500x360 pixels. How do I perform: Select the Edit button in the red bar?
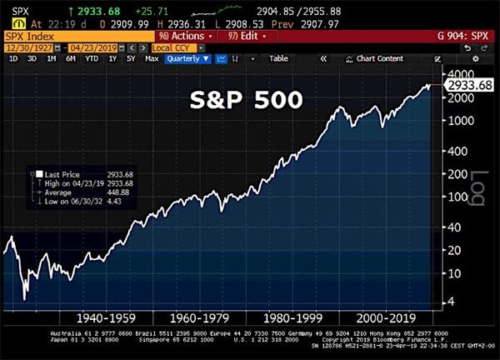[242, 37]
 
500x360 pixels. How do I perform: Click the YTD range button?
[92, 59]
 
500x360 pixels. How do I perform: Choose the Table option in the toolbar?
[278, 59]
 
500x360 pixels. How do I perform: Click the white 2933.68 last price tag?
[468, 85]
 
